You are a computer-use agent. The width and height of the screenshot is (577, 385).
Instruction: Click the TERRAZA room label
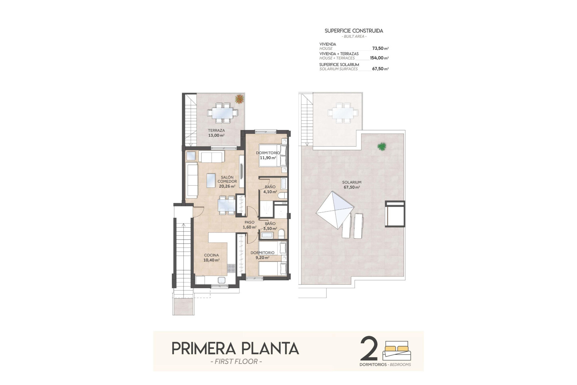click(216, 131)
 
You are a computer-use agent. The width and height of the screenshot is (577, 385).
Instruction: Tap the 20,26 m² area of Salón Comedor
click(227, 186)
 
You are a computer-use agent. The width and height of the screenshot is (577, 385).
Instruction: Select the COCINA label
click(211, 255)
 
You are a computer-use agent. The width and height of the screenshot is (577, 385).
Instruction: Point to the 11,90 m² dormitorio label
click(268, 158)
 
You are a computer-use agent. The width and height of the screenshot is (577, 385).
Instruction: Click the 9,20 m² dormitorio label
click(262, 257)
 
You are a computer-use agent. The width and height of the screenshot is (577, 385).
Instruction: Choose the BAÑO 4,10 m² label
click(270, 189)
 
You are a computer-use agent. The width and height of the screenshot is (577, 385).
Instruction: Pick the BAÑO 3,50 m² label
click(270, 226)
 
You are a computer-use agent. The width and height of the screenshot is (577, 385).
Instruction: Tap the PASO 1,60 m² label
click(249, 225)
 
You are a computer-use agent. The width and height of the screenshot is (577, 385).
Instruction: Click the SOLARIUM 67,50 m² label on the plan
click(352, 185)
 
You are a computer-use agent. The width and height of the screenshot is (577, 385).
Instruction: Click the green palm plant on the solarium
click(382, 146)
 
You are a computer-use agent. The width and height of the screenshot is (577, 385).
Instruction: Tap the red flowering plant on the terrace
click(240, 99)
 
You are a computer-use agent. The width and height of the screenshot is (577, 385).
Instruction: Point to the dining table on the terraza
click(222, 113)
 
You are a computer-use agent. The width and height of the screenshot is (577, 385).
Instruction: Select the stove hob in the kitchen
click(231, 268)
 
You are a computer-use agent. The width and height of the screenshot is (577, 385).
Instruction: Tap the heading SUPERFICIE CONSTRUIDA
click(354, 31)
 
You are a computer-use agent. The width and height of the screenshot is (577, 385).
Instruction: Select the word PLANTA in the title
click(270, 349)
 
